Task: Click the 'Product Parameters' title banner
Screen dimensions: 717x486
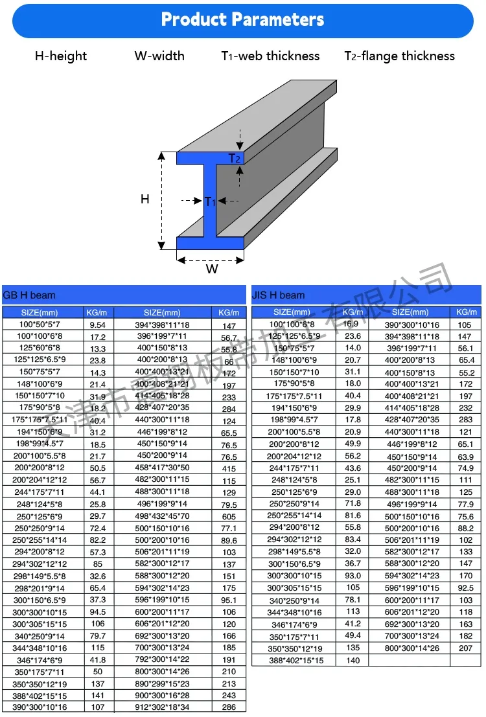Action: [242, 19]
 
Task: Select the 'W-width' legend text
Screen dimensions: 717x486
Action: [159, 56]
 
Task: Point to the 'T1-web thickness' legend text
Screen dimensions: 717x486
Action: [270, 56]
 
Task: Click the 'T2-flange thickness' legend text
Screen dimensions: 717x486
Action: [399, 56]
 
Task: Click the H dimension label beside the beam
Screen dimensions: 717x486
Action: [145, 199]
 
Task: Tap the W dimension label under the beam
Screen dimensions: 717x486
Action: [212, 269]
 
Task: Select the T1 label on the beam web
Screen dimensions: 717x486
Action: [210, 201]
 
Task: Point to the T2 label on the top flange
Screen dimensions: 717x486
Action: [234, 159]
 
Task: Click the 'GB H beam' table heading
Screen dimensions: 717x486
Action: [30, 295]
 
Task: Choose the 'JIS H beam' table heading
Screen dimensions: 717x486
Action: [278, 295]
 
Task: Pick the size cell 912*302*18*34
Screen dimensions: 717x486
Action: [162, 707]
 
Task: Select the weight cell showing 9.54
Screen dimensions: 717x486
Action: [97, 324]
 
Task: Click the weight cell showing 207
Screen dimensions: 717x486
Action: [465, 648]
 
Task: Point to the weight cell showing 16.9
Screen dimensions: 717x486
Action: [351, 324]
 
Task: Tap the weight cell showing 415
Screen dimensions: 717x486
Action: [229, 468]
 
